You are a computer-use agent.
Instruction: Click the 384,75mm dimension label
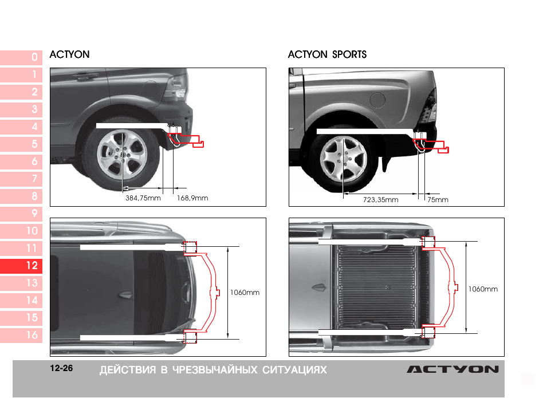click(x=143, y=198)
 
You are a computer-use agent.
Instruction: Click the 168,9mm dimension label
click(x=192, y=198)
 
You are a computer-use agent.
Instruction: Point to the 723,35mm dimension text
click(x=380, y=200)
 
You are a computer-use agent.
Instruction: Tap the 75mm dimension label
click(x=438, y=200)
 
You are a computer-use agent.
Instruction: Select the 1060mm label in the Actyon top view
click(x=245, y=293)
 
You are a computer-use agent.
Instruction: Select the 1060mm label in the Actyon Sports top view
click(x=483, y=289)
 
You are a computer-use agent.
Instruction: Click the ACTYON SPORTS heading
click(x=327, y=54)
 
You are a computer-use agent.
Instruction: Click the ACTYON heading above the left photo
click(x=70, y=54)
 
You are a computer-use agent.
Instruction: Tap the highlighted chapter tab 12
click(x=21, y=266)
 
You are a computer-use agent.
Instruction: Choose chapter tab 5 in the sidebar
click(x=21, y=144)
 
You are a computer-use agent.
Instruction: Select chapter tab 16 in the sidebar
click(x=21, y=335)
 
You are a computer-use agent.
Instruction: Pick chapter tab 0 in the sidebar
click(x=21, y=57)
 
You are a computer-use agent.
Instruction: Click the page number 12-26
click(x=61, y=368)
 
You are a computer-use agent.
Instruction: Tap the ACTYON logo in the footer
click(x=453, y=369)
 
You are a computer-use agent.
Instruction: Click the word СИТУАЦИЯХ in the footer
click(x=294, y=370)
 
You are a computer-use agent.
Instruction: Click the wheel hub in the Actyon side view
click(x=122, y=155)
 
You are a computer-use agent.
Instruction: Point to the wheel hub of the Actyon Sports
click(x=344, y=159)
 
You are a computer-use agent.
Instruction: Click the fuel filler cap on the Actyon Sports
click(x=377, y=100)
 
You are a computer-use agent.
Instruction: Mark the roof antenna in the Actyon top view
click(x=125, y=295)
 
